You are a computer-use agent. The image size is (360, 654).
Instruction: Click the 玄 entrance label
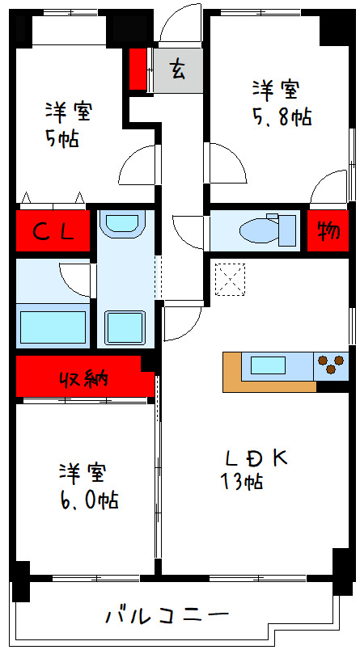click(177, 70)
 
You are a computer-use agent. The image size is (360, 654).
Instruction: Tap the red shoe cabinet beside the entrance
click(138, 70)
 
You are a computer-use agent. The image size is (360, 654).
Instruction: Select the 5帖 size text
click(62, 138)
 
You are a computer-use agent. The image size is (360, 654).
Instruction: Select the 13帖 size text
click(241, 483)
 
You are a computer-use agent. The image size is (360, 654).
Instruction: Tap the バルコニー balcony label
click(167, 616)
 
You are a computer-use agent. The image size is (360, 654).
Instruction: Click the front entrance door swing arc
click(178, 23)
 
